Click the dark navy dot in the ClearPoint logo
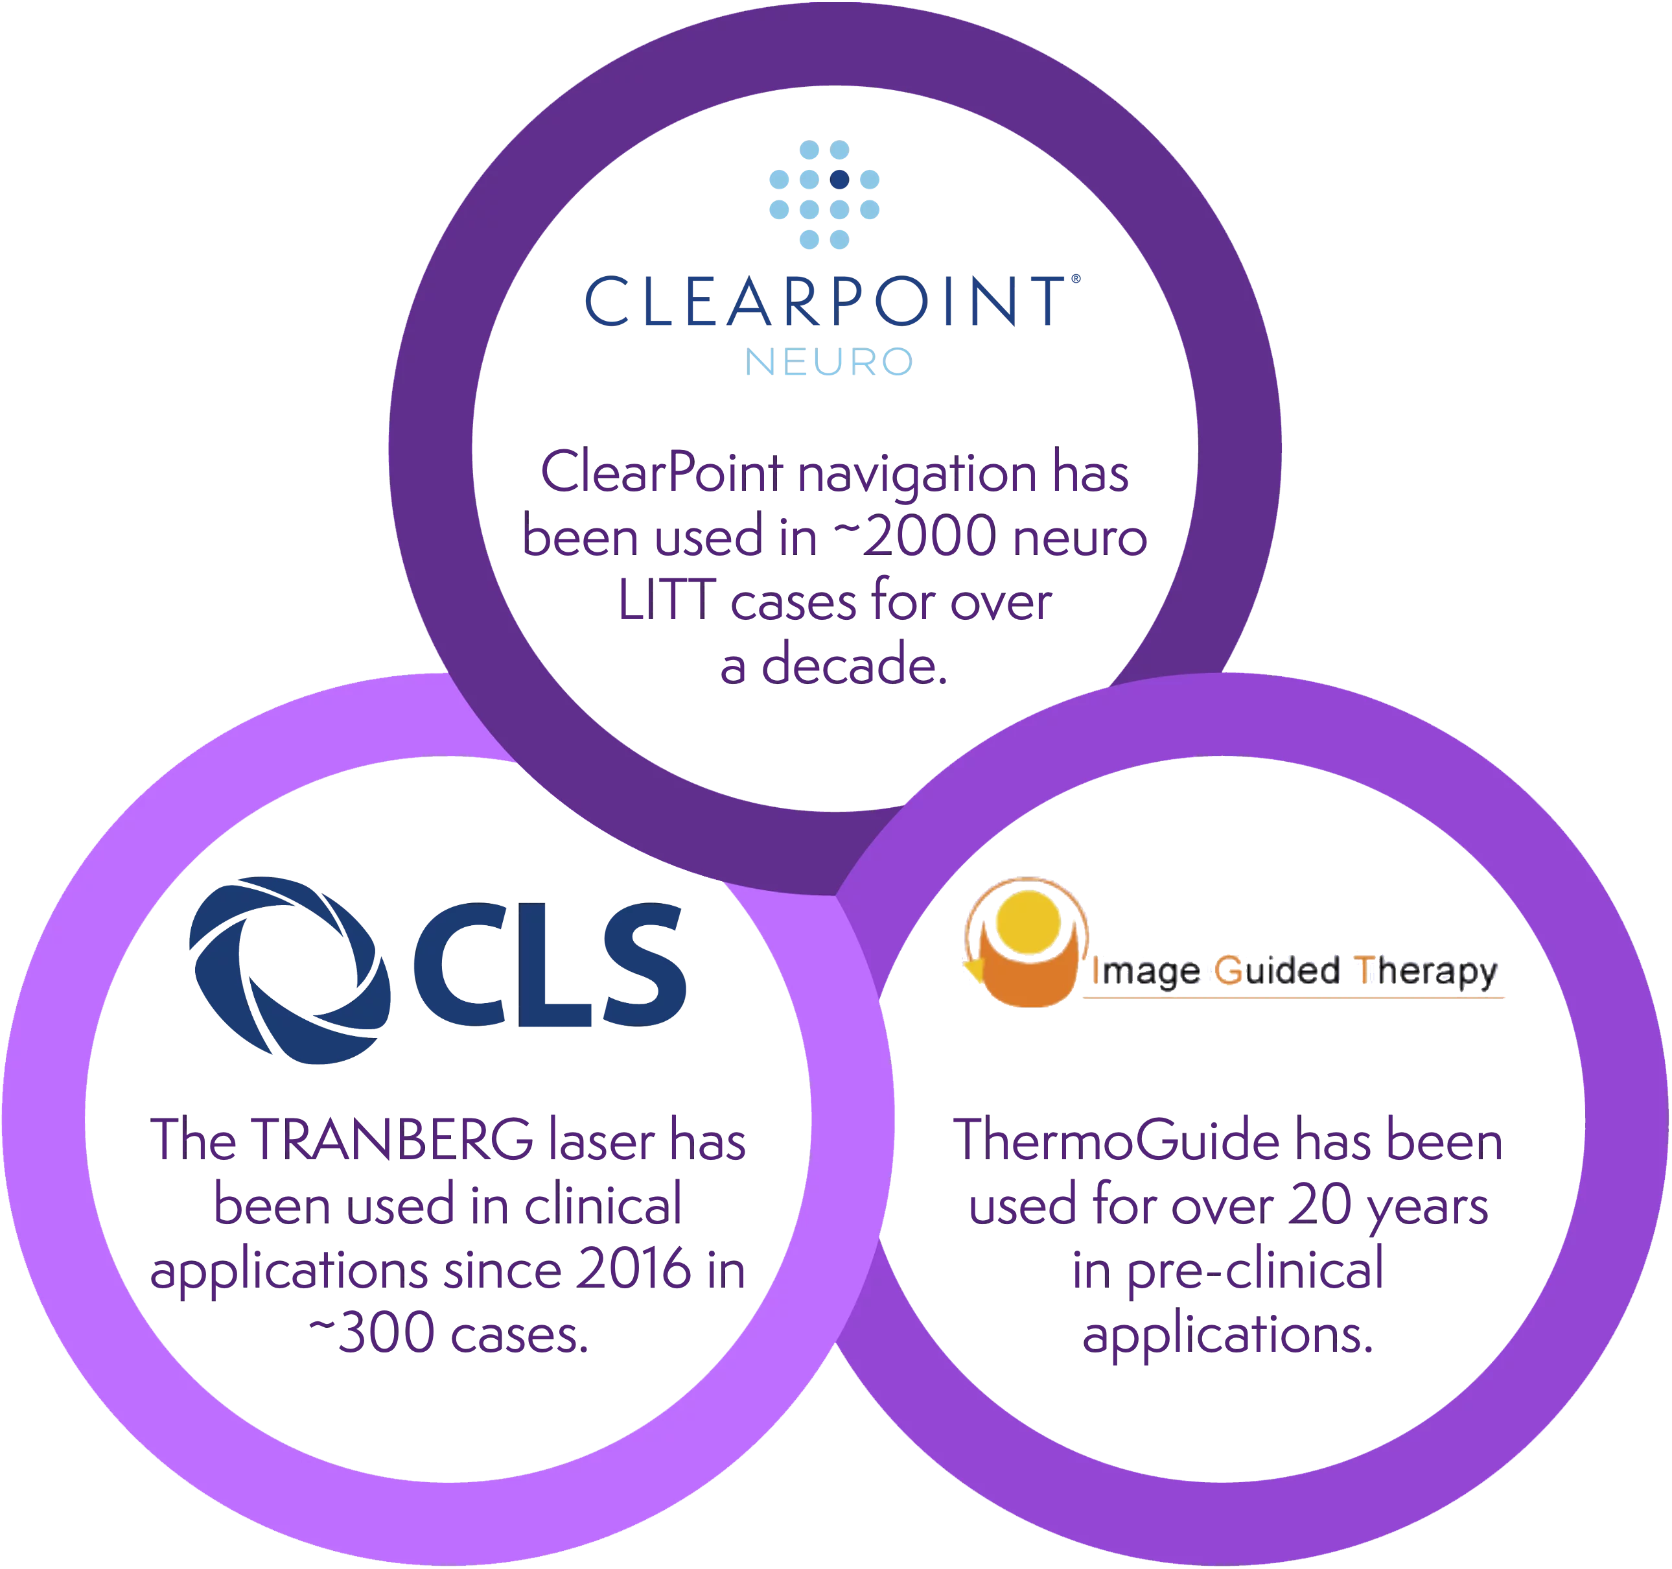click(839, 179)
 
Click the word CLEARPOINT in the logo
click(825, 301)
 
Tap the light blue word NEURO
click(828, 362)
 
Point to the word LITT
click(667, 600)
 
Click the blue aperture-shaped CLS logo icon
click(291, 970)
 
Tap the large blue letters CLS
click(549, 965)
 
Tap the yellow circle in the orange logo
click(1028, 922)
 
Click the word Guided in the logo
click(1277, 971)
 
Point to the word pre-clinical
click(1255, 1270)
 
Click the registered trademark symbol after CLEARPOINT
click(1076, 279)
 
